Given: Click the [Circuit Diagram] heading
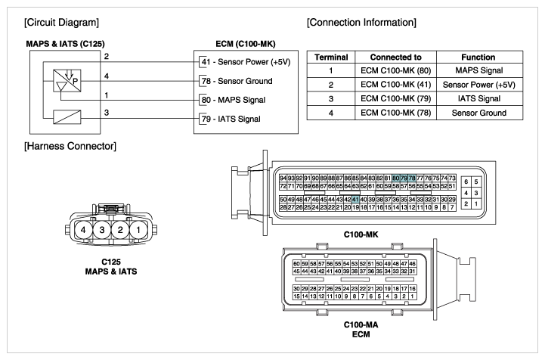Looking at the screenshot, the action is (x=61, y=23).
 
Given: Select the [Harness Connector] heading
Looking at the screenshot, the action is (x=70, y=146).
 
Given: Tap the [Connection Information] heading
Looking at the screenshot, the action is (x=361, y=23).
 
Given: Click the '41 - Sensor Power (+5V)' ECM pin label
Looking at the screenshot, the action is (x=246, y=62).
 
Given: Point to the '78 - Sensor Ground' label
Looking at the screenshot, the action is (x=237, y=81).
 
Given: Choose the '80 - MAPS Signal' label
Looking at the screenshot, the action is (x=234, y=100).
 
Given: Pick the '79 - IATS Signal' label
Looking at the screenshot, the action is (x=231, y=119).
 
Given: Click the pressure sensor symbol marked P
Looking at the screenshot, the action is (x=67, y=81).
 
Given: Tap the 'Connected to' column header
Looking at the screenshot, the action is (x=395, y=57).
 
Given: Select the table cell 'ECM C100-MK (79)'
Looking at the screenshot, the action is (x=395, y=99).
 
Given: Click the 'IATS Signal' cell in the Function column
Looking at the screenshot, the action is (x=479, y=99).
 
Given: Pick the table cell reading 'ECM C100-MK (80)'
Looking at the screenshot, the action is (x=395, y=70).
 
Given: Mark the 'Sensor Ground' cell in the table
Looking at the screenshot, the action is (x=479, y=113).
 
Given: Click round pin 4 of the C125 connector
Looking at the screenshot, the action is (x=83, y=230).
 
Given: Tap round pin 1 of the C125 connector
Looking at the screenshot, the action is (x=138, y=230).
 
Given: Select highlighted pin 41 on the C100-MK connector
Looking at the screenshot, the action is (x=355, y=200).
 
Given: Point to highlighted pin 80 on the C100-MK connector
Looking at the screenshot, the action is (x=395, y=178).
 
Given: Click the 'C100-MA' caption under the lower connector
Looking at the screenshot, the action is (x=361, y=325).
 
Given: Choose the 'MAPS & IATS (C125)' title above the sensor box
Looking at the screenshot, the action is (x=65, y=44).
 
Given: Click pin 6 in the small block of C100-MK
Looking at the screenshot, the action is (x=466, y=182).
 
